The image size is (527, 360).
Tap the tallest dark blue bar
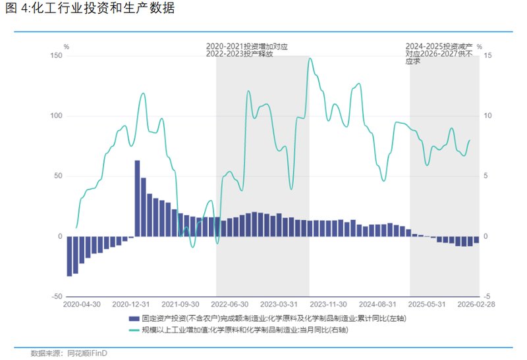[x=138, y=197]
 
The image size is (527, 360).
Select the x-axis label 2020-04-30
[x=82, y=305]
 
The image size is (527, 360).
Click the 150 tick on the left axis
[x=56, y=56]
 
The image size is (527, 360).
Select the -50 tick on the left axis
[x=56, y=297]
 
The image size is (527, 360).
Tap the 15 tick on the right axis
[x=488, y=56]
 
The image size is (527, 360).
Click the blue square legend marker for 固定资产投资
[x=135, y=319]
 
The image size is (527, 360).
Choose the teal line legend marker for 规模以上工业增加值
[x=135, y=330]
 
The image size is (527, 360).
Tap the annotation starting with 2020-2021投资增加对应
[x=248, y=50]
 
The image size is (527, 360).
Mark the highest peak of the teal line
[x=310, y=59]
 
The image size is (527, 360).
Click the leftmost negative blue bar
[x=69, y=256]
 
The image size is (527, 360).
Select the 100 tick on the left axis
[x=56, y=116]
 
